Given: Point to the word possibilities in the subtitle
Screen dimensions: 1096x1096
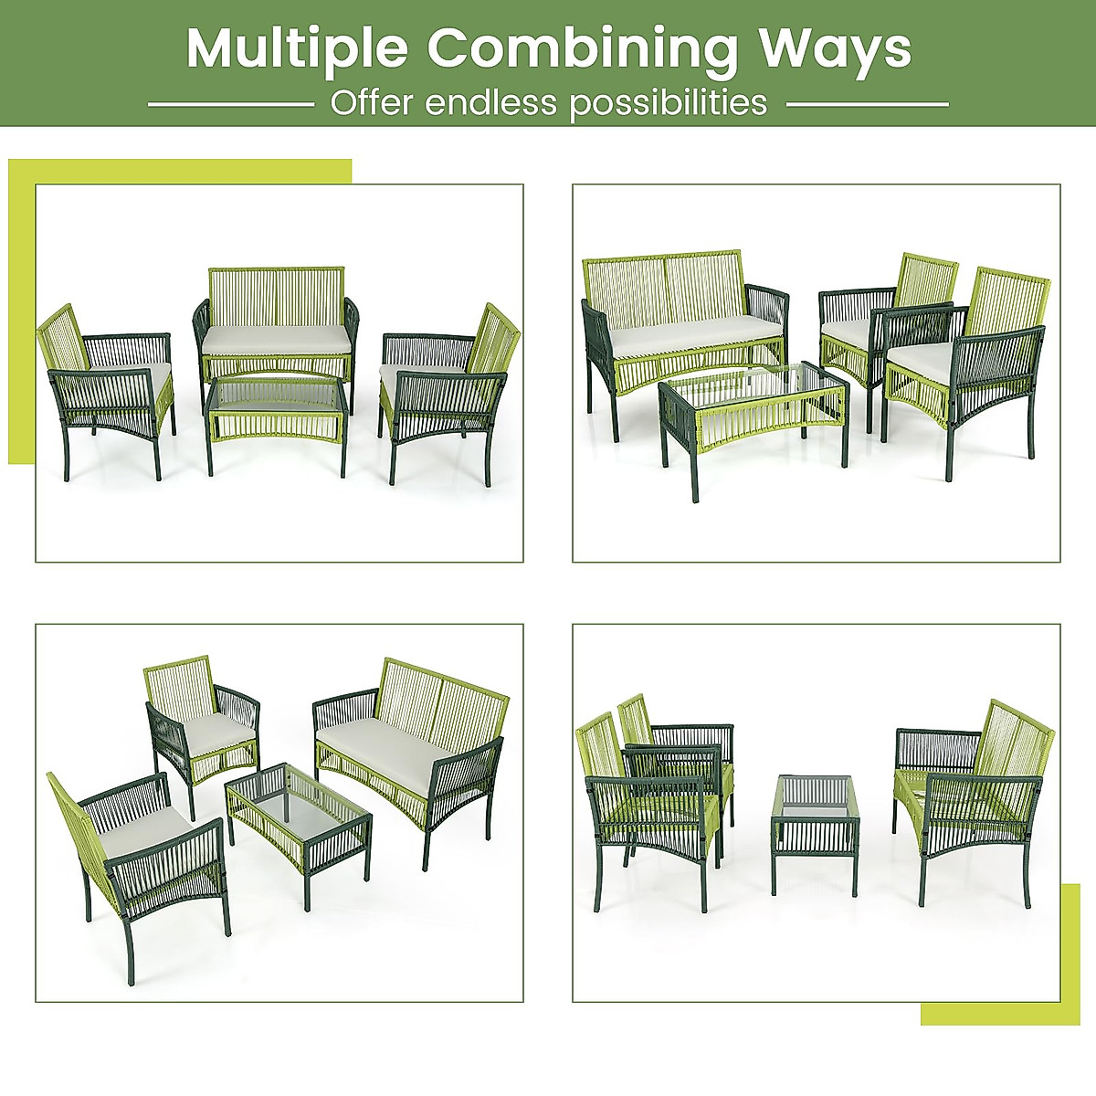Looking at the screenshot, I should click(669, 103).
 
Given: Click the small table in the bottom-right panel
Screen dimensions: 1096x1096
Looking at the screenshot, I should click(816, 822).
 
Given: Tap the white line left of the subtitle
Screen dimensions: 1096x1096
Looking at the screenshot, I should click(230, 104).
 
